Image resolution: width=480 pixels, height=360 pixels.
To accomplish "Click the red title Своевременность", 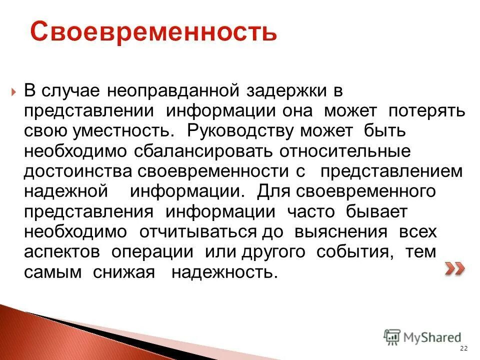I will click(153, 31).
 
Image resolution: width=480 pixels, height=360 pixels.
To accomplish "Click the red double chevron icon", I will click(454, 269).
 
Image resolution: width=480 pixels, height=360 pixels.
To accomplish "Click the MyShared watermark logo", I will click(422, 337).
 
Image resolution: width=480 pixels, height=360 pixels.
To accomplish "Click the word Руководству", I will click(242, 131).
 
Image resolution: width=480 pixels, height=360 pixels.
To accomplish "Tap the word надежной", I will click(66, 191).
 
